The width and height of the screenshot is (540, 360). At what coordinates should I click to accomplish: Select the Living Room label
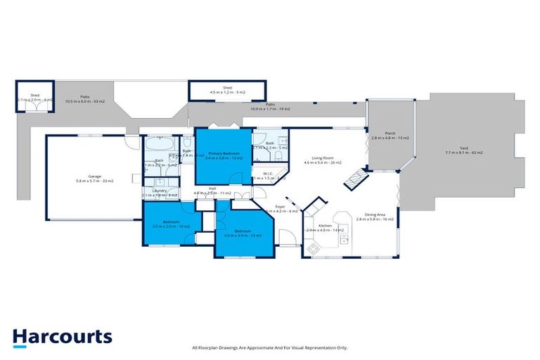click(x=322, y=160)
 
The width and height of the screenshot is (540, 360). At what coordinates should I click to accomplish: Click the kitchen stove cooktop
click(x=313, y=246)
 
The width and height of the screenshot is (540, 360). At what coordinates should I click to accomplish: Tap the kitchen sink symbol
click(x=344, y=239)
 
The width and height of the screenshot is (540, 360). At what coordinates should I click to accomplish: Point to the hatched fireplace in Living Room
click(x=354, y=177)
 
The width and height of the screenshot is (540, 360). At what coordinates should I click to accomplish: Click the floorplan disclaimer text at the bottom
click(x=269, y=347)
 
